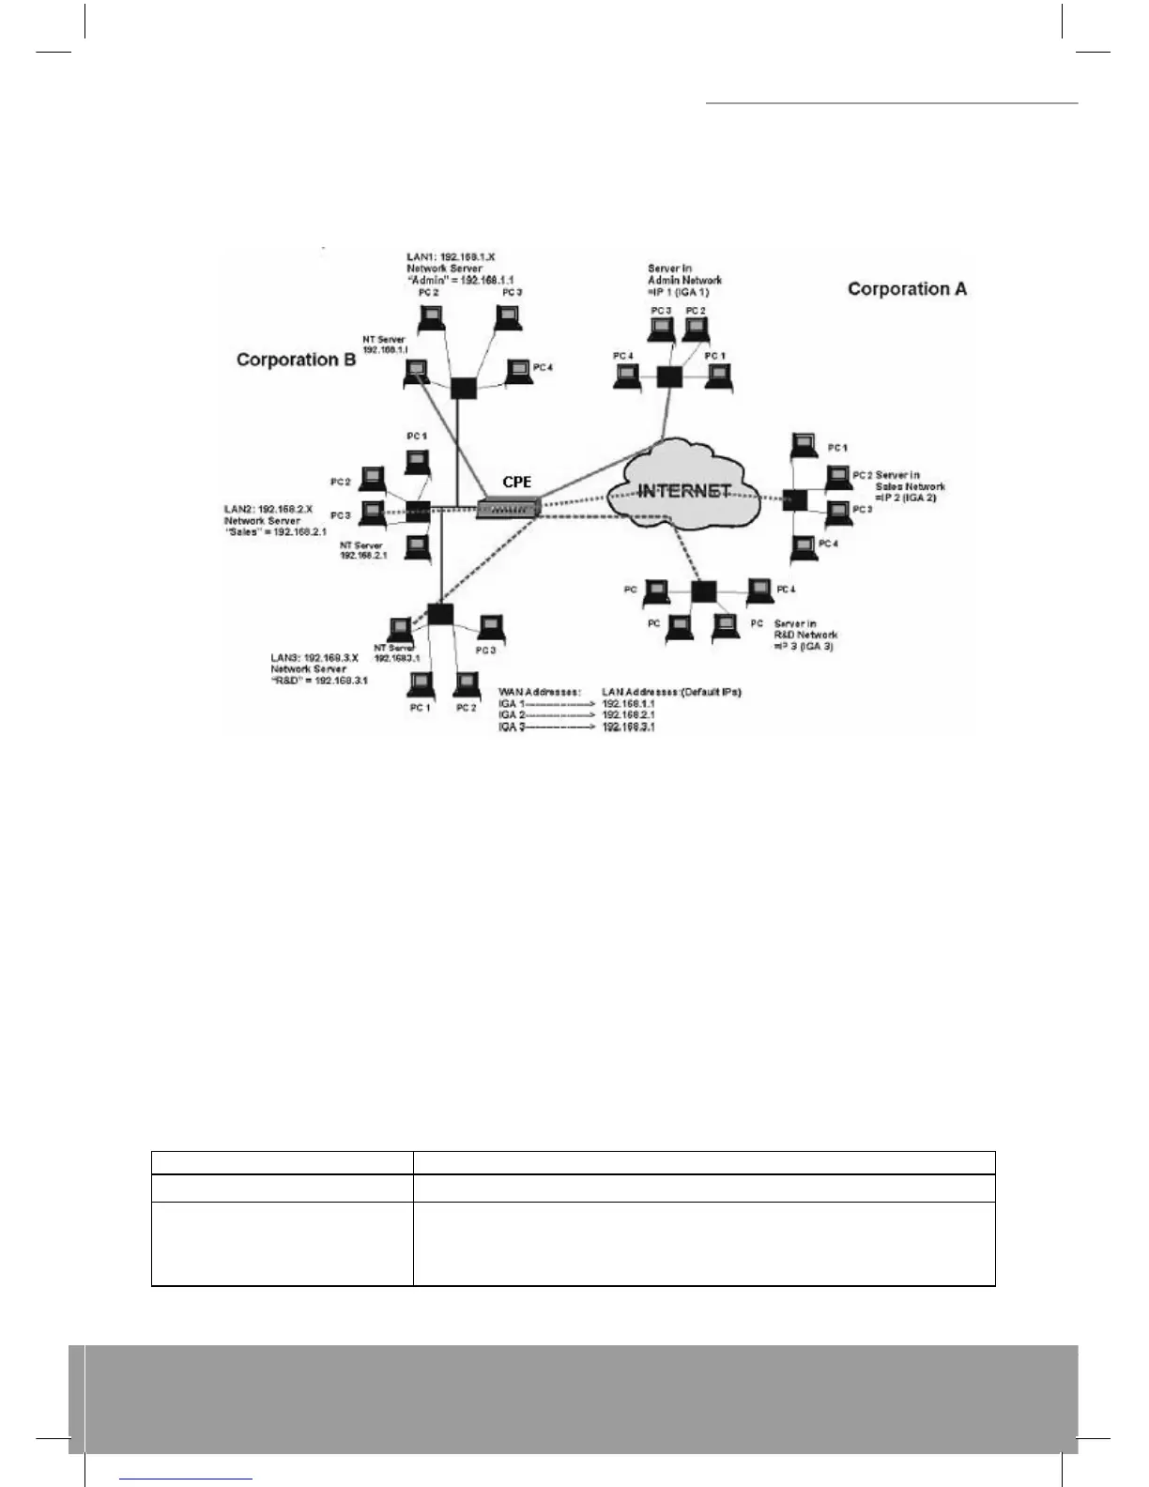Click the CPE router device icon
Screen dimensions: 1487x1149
pyautogui.click(x=507, y=509)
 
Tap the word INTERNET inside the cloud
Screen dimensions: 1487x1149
pyautogui.click(x=684, y=491)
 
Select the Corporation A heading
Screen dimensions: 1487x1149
pyautogui.click(x=907, y=289)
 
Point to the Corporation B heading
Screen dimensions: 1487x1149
pyautogui.click(x=296, y=360)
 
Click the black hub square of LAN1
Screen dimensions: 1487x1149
pyautogui.click(x=461, y=388)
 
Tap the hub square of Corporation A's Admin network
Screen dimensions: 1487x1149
pyautogui.click(x=668, y=376)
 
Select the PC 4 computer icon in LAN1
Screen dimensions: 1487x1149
pyautogui.click(x=517, y=372)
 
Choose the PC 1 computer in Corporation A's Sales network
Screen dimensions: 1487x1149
pyautogui.click(x=803, y=445)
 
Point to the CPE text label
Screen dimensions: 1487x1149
pyautogui.click(x=516, y=482)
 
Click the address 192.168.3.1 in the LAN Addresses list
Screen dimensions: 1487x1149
pyautogui.click(x=628, y=727)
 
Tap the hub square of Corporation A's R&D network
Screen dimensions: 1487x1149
pyautogui.click(x=703, y=591)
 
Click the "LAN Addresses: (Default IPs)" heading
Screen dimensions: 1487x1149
pyautogui.click(x=671, y=692)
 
